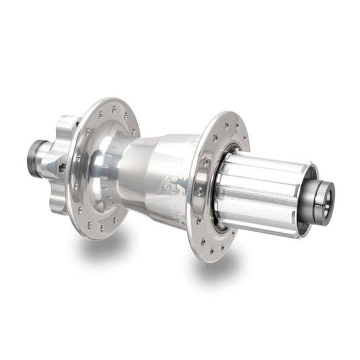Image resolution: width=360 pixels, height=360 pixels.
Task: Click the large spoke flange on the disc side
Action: tap(101, 169)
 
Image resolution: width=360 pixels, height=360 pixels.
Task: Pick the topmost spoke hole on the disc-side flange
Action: tap(114, 107)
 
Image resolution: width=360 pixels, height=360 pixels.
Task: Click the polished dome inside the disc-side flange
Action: tap(108, 162)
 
